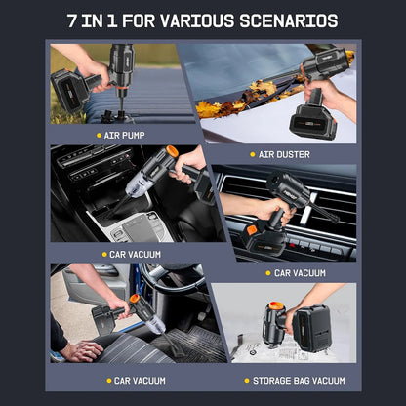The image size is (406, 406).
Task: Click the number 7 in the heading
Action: coord(72,20)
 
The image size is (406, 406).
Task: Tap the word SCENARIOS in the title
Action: coord(289,20)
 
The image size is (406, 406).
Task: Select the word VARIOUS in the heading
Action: coord(197,20)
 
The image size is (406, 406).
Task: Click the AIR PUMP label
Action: coord(124,135)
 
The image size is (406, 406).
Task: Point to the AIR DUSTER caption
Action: coord(284,154)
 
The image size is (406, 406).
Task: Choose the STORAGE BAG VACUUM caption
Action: coord(299,381)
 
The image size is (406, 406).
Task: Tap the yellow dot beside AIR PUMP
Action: coord(100,135)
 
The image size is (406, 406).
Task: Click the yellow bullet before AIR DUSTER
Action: coord(253,154)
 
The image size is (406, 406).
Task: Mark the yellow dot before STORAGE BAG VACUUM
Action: coord(247,381)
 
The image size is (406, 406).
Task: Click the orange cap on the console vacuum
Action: coord(172,151)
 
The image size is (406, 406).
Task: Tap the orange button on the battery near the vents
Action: coord(252,230)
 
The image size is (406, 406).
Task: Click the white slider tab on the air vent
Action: coord(307,209)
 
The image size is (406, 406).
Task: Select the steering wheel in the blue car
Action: coord(173,279)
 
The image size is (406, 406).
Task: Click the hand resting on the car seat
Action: coord(82,350)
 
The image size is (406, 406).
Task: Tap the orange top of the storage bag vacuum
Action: coord(276,305)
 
